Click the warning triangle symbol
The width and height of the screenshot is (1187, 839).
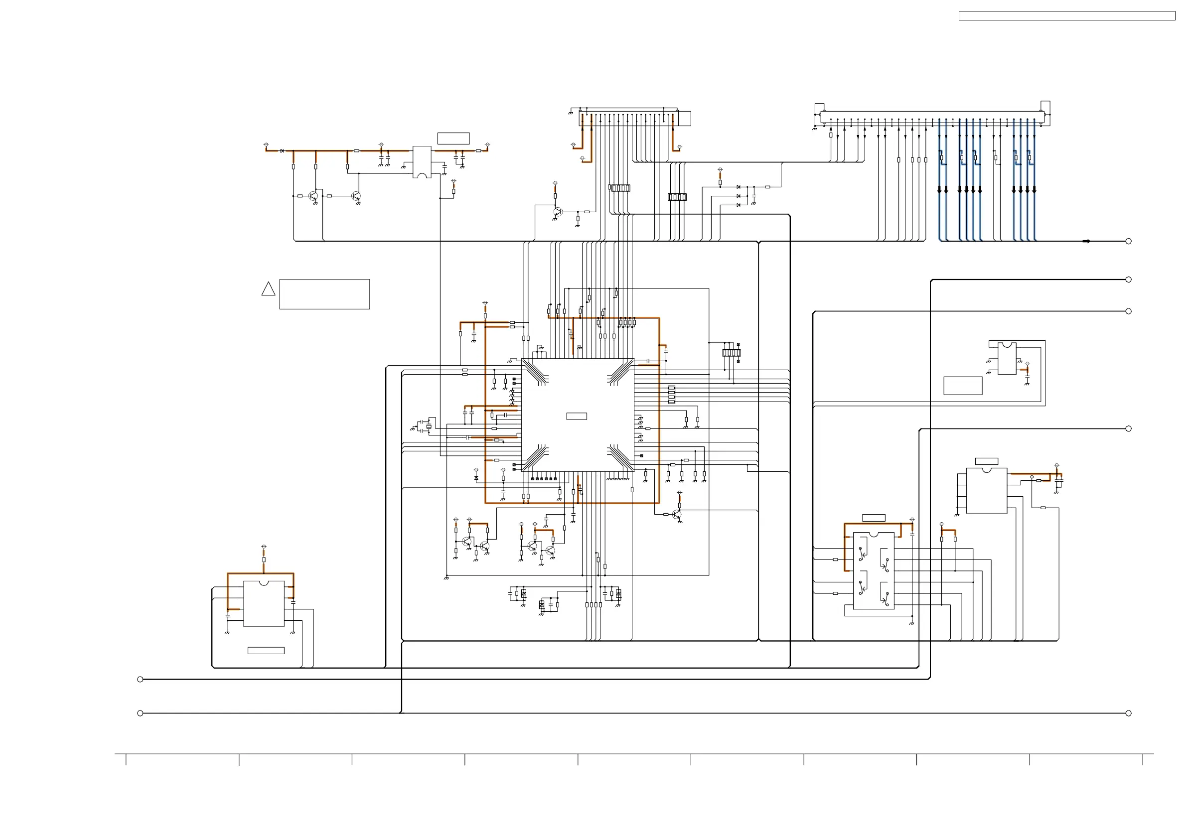pyautogui.click(x=268, y=289)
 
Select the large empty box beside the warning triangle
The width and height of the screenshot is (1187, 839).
pyautogui.click(x=324, y=294)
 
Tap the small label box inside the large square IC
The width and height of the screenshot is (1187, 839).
pyautogui.click(x=577, y=416)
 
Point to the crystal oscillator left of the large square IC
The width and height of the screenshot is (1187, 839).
pyautogui.click(x=429, y=426)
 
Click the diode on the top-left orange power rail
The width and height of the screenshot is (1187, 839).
pyautogui.click(x=282, y=151)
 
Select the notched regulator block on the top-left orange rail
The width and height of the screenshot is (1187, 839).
pyautogui.click(x=422, y=162)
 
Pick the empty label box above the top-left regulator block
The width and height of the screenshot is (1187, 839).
pyautogui.click(x=453, y=138)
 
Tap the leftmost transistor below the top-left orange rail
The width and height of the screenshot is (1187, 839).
pyautogui.click(x=313, y=196)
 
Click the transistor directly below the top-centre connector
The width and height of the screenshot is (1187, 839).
pyautogui.click(x=557, y=212)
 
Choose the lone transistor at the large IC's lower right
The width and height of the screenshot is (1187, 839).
pyautogui.click(x=677, y=514)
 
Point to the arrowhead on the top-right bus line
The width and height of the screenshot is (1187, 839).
pyautogui.click(x=1087, y=242)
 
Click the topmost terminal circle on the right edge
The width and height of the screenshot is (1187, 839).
pyautogui.click(x=1129, y=242)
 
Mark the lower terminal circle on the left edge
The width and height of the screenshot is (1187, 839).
pyautogui.click(x=140, y=713)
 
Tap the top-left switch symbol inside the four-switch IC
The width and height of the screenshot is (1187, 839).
pyautogui.click(x=862, y=555)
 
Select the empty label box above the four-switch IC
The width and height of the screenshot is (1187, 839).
pyautogui.click(x=874, y=518)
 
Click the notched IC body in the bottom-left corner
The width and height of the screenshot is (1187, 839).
pyautogui.click(x=264, y=604)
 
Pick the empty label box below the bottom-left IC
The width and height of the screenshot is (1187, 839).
pyautogui.click(x=266, y=651)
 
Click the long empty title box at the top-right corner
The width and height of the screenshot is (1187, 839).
pyautogui.click(x=1066, y=16)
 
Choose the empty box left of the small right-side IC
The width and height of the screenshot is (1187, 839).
pyautogui.click(x=963, y=386)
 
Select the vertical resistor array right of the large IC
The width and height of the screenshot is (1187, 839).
pyautogui.click(x=671, y=395)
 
